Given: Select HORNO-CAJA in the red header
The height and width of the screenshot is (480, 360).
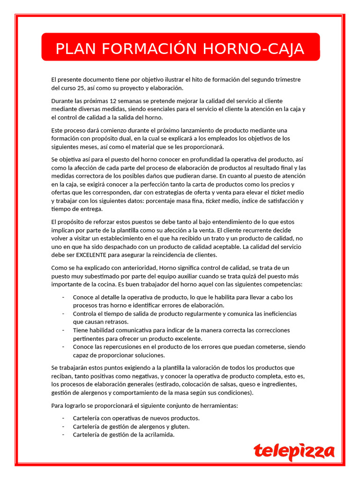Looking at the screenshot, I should pyautogui.click(x=247, y=49).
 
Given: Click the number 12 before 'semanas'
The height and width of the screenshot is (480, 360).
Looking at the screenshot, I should pyautogui.click(x=113, y=101).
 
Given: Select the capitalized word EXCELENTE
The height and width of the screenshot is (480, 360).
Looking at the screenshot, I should pyautogui.click(x=93, y=255).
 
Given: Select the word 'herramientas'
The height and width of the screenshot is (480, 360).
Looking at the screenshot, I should pyautogui.click(x=217, y=405).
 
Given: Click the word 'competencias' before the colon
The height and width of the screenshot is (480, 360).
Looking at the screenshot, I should pyautogui.click(x=281, y=285).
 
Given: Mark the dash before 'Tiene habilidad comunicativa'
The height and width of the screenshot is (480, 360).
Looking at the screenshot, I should pyautogui.click(x=63, y=330).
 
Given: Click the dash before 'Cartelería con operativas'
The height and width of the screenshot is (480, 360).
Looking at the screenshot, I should pyautogui.click(x=63, y=418).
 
